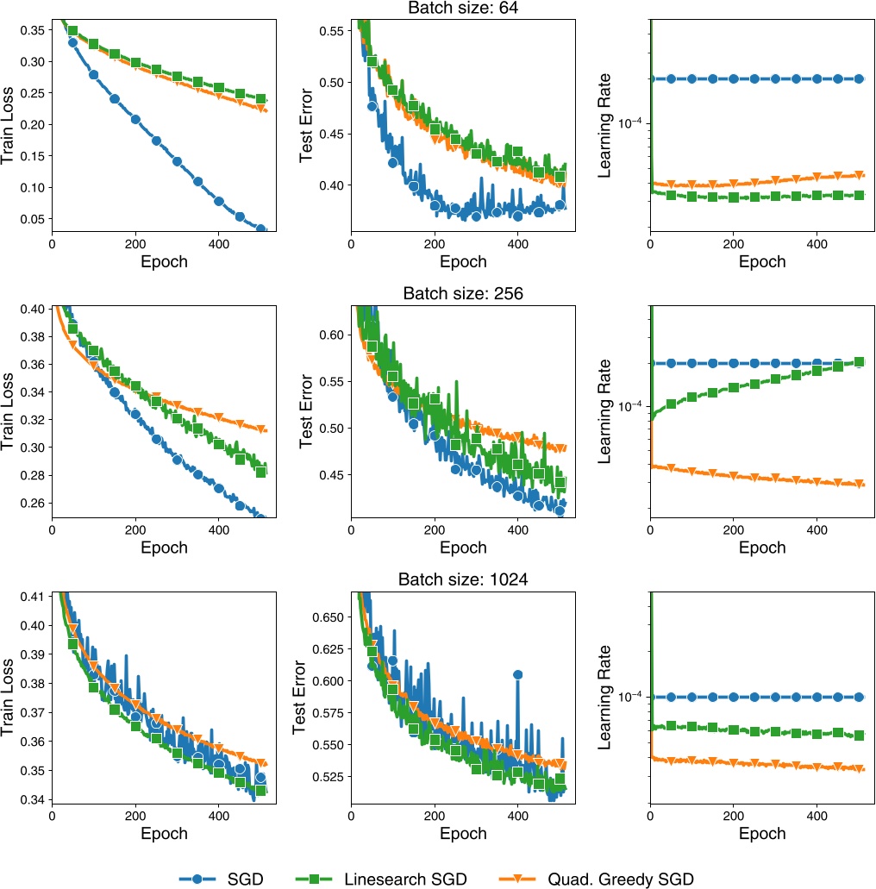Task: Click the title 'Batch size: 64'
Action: coord(463,9)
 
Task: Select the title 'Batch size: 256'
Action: coord(463,293)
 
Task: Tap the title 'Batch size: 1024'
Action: coord(463,579)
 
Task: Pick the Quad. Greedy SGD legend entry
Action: coord(619,879)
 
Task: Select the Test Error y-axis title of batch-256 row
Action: coord(307,411)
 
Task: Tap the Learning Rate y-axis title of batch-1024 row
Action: coord(605,697)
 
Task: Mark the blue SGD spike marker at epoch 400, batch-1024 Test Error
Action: coord(518,675)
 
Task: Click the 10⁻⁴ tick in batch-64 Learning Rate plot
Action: coord(627,123)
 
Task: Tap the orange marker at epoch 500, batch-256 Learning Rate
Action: coord(858,484)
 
